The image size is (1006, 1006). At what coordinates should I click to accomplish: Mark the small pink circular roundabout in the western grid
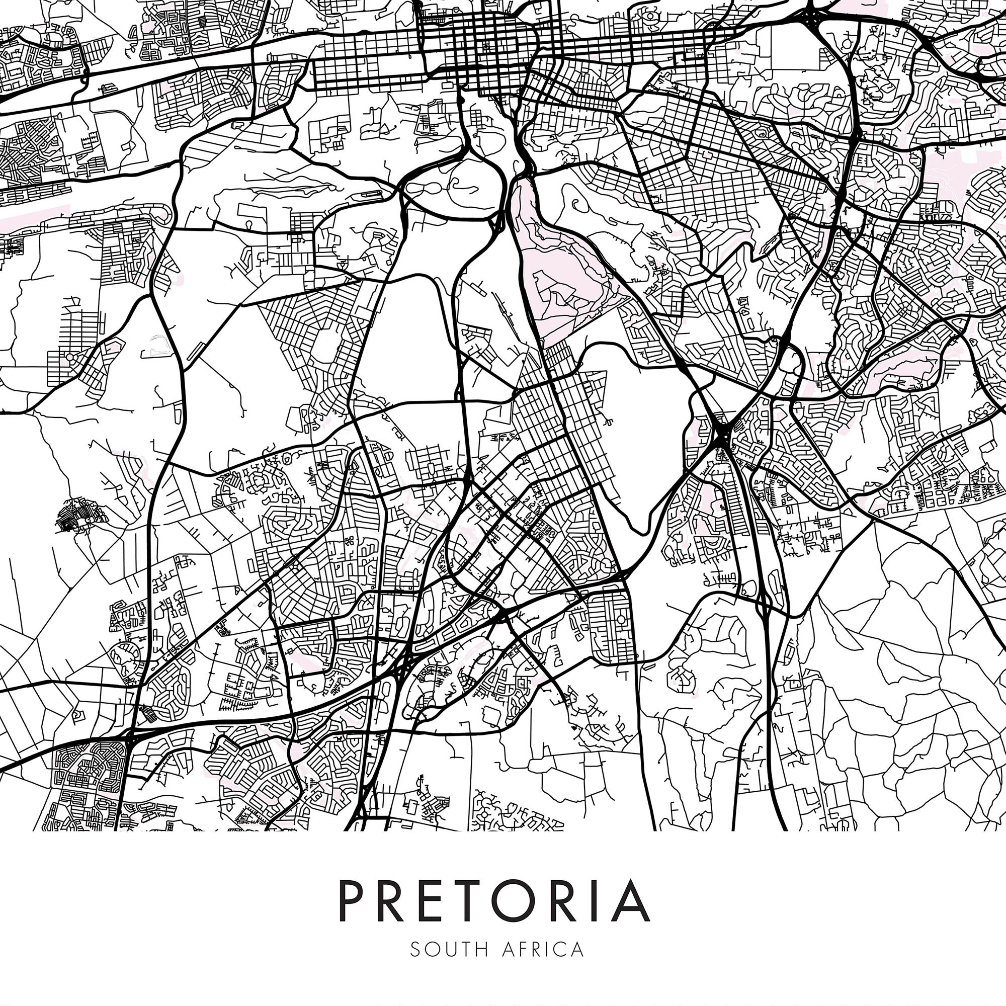click(68, 358)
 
